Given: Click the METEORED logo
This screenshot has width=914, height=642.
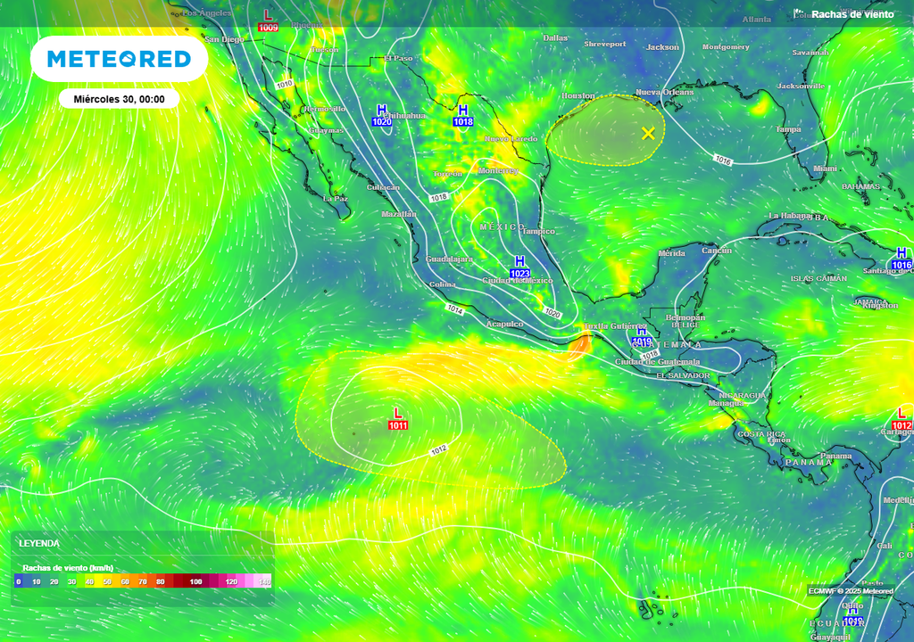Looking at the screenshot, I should (x=119, y=59).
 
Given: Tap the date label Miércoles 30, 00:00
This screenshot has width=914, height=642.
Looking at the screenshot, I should (x=119, y=99).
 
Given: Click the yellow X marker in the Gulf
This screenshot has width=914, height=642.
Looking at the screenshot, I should (x=648, y=134).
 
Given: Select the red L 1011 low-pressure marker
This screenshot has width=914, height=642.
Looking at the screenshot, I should (x=398, y=419).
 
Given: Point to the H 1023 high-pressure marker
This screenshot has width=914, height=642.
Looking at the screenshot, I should (x=519, y=267).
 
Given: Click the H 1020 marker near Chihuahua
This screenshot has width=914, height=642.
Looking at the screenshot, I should (x=382, y=115).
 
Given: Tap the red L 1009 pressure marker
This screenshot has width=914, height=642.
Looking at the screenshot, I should (x=268, y=21).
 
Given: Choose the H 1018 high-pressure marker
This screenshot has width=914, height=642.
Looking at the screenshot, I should (x=462, y=115).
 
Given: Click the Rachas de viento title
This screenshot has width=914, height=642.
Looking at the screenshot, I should (x=852, y=14).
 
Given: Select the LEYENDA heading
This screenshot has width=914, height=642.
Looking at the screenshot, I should (x=40, y=543).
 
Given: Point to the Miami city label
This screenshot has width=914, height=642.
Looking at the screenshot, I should (x=826, y=169).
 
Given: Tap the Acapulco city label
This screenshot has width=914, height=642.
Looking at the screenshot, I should (x=504, y=324).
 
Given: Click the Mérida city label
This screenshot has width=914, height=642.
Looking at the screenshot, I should (x=671, y=254).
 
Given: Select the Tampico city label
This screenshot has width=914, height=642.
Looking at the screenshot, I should (x=538, y=231).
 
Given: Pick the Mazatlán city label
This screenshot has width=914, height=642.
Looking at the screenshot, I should (x=398, y=214).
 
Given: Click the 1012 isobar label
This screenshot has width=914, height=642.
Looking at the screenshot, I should (x=438, y=449).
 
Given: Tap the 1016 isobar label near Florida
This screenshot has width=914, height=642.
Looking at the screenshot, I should (x=723, y=160).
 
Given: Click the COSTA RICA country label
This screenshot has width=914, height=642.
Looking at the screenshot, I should (x=761, y=433).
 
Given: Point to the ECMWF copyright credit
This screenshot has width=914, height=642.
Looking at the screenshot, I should (x=851, y=591).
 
